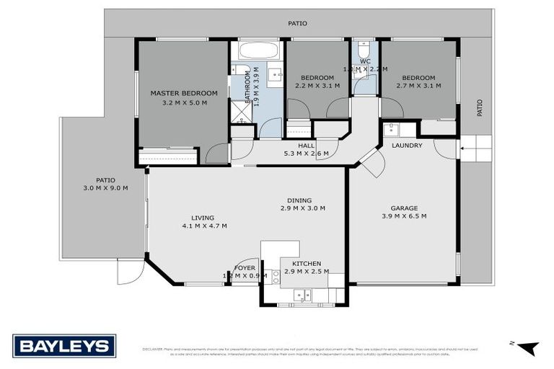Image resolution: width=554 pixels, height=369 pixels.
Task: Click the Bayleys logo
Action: [64, 346]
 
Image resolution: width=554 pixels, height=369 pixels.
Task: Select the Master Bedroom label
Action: [183, 93]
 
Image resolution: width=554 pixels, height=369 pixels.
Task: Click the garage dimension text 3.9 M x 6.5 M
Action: [404, 216]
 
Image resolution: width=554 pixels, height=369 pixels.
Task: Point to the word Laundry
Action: [407, 146]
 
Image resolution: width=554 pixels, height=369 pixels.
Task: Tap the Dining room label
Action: [299, 200]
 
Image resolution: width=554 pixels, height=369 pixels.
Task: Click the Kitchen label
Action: [307, 264]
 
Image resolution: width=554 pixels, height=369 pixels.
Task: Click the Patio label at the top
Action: [297, 23]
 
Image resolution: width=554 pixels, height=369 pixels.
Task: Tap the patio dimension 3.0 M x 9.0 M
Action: [105, 188]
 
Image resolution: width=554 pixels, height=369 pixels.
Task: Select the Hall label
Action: [307, 145]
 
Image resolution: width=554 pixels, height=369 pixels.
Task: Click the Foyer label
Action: [245, 267]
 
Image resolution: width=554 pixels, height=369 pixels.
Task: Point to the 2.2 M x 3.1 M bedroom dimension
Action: [317, 86]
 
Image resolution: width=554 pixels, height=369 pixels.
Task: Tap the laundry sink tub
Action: [390, 130]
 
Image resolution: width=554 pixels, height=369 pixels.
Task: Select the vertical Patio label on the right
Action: [479, 108]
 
